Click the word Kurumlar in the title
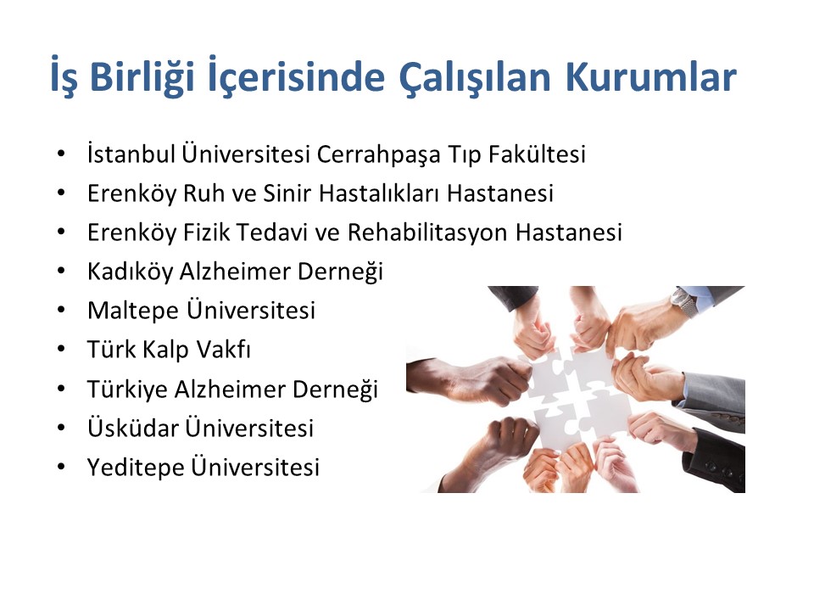pyautogui.click(x=651, y=77)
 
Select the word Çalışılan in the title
pyautogui.click(x=475, y=78)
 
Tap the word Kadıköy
pyautogui.click(x=131, y=272)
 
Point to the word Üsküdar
pyautogui.click(x=133, y=427)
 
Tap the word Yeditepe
pyautogui.click(x=136, y=467)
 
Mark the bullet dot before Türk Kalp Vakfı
pyautogui.click(x=61, y=349)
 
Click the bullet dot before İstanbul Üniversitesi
pyautogui.click(x=61, y=154)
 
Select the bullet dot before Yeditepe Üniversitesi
pyautogui.click(x=61, y=467)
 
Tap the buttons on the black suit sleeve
pyautogui.click(x=722, y=470)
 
